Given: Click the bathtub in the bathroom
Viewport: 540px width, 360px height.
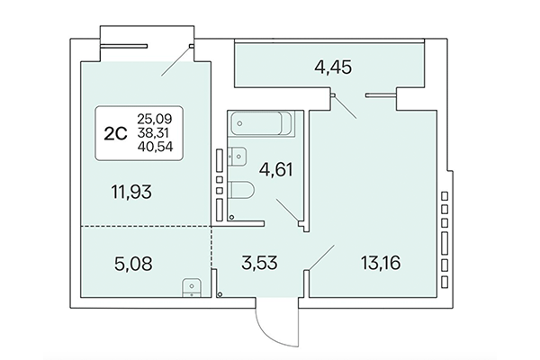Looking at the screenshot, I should [x=257, y=123].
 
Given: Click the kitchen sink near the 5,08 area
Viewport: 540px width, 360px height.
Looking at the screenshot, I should [x=191, y=287].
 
